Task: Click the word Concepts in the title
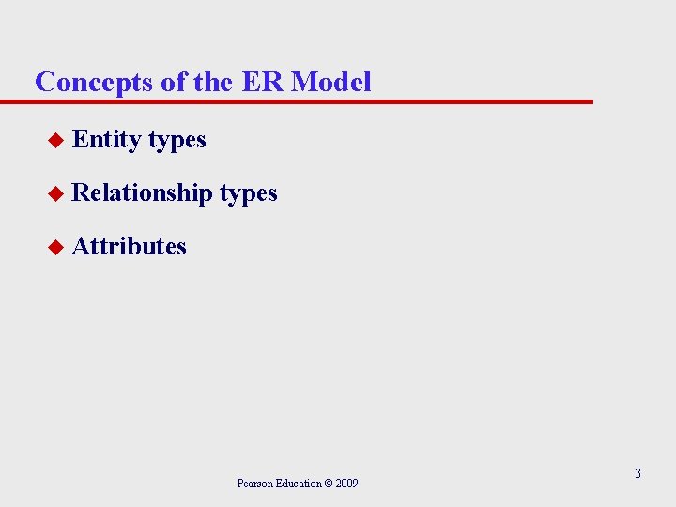pyautogui.click(x=95, y=82)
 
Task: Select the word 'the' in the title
pyautogui.click(x=213, y=82)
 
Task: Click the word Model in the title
pyautogui.click(x=331, y=82)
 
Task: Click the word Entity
pyautogui.click(x=106, y=140)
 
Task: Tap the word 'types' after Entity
pyautogui.click(x=177, y=141)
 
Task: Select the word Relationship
pyautogui.click(x=142, y=193)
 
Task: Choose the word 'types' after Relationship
pyautogui.click(x=248, y=194)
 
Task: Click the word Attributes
pyautogui.click(x=130, y=246)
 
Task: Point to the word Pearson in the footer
pyautogui.click(x=253, y=484)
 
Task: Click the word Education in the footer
pyautogui.click(x=297, y=484)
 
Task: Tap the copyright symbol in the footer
pyautogui.click(x=329, y=484)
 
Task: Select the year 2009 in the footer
pyautogui.click(x=346, y=484)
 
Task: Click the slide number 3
pyautogui.click(x=638, y=473)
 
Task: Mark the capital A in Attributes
pyautogui.click(x=80, y=246)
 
